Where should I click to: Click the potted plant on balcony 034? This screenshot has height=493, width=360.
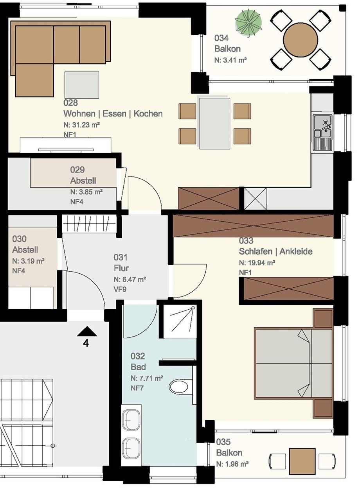click(248, 22)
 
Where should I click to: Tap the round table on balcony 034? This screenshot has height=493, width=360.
click(300, 40)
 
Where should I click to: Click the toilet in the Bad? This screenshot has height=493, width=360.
click(179, 387)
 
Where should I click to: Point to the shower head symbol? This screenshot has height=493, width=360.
click(193, 308)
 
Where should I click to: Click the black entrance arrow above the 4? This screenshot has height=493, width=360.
click(87, 332)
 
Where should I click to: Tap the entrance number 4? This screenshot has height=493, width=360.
click(86, 343)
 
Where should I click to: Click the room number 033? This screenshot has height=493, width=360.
click(246, 241)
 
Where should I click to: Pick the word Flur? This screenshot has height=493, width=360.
click(121, 268)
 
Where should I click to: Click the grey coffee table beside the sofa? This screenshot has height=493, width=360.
click(81, 85)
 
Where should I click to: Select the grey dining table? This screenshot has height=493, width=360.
click(214, 123)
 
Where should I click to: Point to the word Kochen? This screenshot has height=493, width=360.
click(148, 113)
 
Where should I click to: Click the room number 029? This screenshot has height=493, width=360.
click(77, 169)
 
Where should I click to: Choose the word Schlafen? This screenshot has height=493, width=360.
click(256, 251)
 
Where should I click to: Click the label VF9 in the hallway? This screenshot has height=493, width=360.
click(120, 289)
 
